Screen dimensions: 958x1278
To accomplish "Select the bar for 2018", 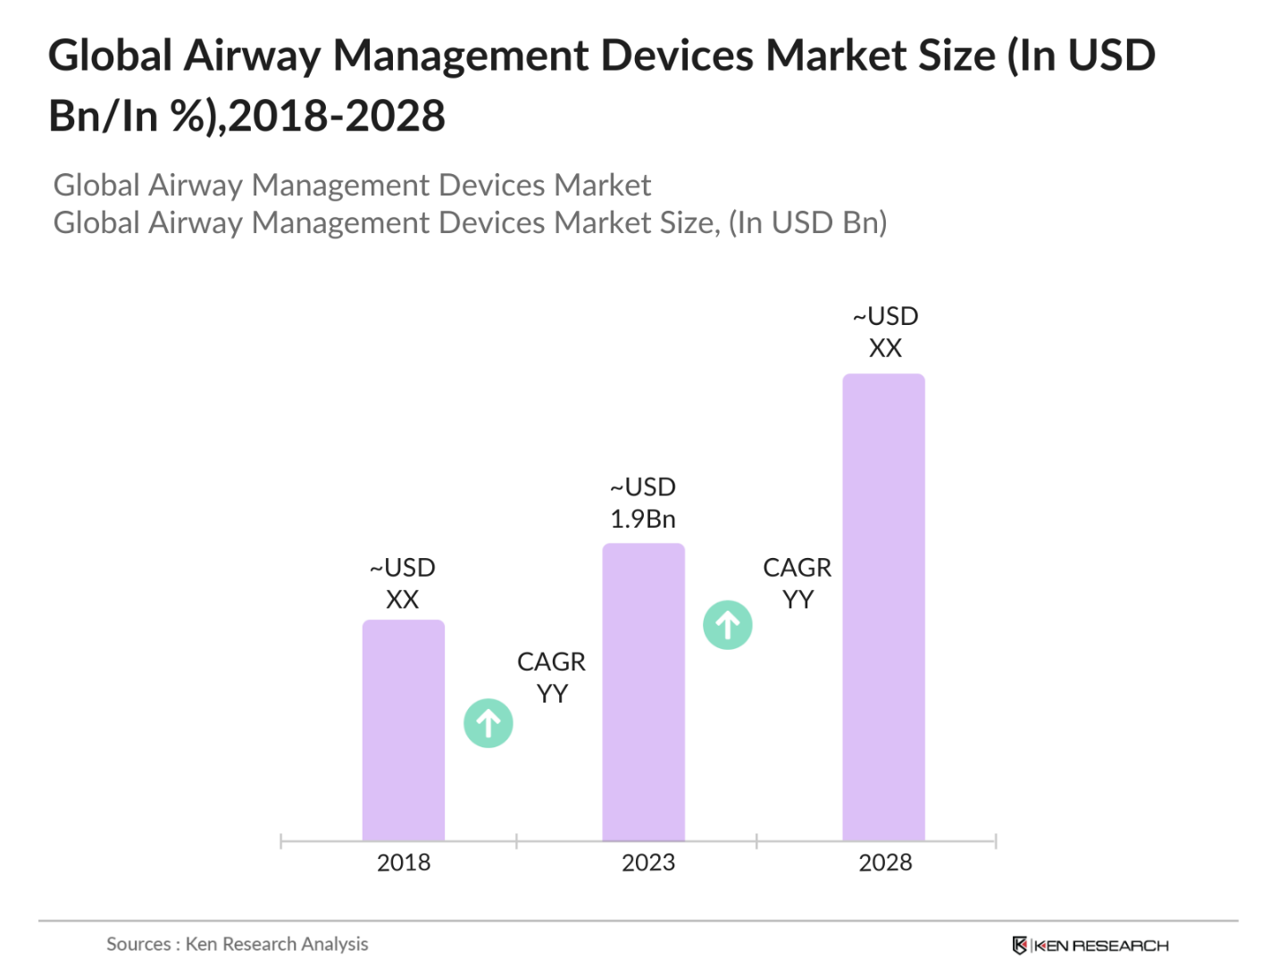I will [403, 729].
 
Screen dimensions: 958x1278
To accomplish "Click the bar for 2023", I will [643, 692].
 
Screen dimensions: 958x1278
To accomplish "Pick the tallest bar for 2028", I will [883, 607].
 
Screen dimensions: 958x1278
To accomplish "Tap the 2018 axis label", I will [403, 862].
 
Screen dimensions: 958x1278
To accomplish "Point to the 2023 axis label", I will [647, 862].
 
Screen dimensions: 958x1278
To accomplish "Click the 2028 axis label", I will [885, 862].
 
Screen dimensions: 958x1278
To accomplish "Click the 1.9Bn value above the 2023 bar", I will [642, 519].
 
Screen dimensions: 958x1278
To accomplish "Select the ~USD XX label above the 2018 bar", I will [402, 583].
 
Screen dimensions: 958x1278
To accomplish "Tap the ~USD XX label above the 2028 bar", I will [885, 331].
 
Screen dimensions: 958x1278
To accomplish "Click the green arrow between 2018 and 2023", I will [489, 723].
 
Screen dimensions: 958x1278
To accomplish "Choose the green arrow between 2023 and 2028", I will [728, 625].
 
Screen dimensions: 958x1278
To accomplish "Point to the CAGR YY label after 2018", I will [551, 677].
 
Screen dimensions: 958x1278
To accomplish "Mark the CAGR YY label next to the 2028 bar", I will [797, 583].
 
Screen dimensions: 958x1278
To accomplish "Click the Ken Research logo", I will [1090, 945].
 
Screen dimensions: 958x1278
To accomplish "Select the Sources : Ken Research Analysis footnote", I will [237, 944].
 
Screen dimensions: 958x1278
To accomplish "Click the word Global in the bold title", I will [110, 55].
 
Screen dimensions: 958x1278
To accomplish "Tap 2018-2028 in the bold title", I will [337, 116].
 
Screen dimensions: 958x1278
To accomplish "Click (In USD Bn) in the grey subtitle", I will [808, 222].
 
